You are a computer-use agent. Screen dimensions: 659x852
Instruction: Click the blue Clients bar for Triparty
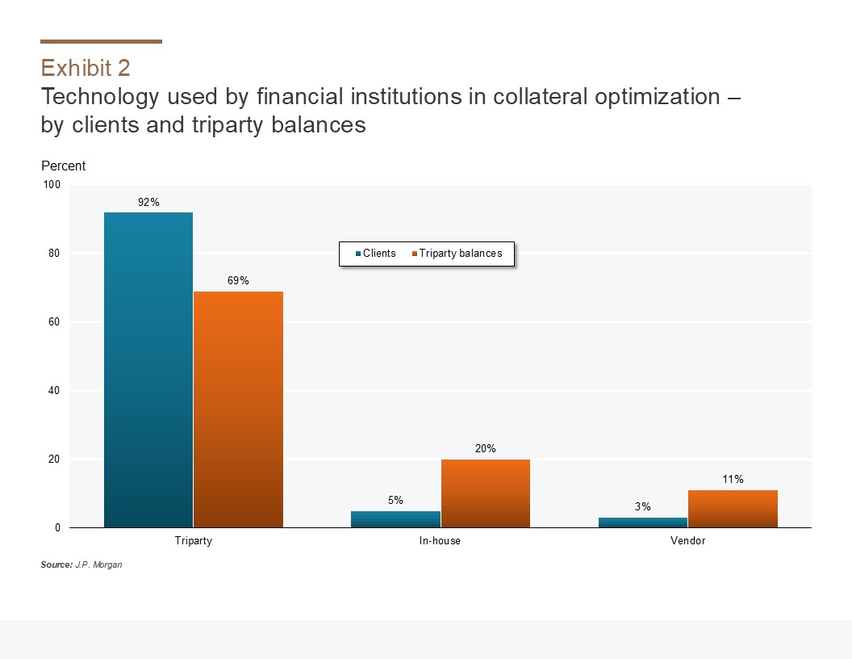(148, 370)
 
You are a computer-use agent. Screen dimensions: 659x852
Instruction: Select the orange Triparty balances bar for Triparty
(238, 409)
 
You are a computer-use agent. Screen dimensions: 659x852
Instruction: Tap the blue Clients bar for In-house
(395, 519)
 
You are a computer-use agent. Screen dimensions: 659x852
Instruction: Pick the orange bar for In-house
(485, 493)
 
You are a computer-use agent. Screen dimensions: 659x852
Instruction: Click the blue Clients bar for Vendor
(643, 523)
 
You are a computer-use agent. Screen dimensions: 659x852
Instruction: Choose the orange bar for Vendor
(733, 509)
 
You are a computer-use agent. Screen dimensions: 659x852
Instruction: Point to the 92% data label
(148, 203)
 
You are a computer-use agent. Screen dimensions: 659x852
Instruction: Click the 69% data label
(238, 281)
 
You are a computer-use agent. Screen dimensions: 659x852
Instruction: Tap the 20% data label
(485, 448)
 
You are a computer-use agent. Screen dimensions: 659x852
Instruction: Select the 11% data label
(733, 479)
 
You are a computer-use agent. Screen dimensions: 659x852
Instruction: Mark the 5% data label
(395, 500)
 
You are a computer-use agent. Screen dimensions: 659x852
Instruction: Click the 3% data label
(643, 506)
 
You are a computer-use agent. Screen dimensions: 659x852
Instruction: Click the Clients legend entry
(376, 254)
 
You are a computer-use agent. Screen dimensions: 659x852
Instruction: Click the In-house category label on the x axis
(441, 541)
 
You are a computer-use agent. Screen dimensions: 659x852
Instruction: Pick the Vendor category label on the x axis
(687, 541)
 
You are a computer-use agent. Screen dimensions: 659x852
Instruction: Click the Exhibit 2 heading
(85, 67)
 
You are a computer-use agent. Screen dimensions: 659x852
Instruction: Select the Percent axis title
(63, 166)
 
